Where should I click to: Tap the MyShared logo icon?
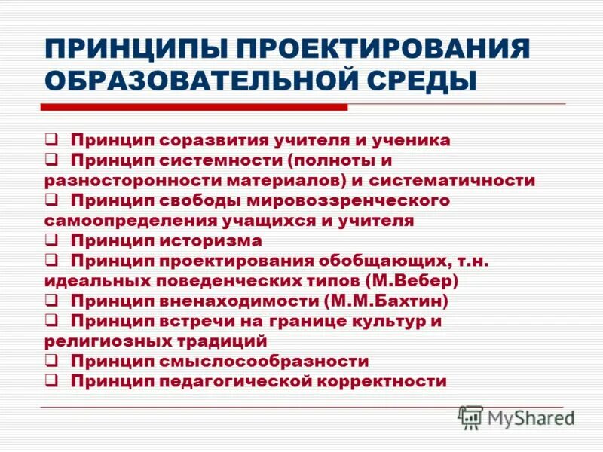pos(470,417)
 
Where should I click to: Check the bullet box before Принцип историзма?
pos(51,240)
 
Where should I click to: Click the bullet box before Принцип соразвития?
pos(51,139)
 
